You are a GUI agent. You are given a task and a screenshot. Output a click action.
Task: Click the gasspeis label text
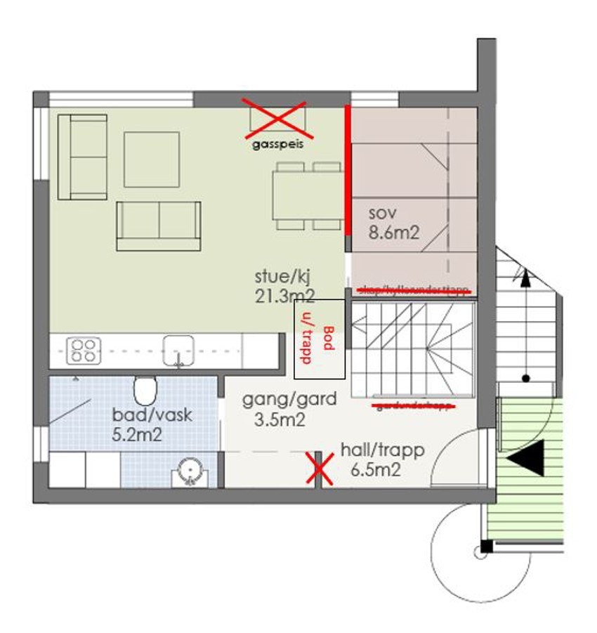click(275, 145)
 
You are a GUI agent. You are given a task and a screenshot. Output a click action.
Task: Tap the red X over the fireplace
click(275, 117)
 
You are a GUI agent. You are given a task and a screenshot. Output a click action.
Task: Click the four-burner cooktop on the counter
click(84, 351)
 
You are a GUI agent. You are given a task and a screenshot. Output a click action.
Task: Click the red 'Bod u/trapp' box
click(319, 339)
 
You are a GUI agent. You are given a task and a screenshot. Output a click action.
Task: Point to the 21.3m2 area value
click(284, 295)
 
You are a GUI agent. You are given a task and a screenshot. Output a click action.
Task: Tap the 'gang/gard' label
click(289, 399)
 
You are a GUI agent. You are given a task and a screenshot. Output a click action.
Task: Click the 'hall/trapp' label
click(382, 450)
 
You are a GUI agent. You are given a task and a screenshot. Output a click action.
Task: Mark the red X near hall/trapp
click(318, 469)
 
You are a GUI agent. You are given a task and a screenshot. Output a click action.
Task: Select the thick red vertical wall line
click(348, 169)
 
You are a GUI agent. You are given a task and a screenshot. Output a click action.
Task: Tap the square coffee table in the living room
click(151, 159)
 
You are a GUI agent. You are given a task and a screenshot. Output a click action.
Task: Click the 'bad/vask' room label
click(152, 415)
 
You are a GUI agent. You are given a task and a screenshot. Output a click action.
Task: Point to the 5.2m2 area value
click(137, 434)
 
